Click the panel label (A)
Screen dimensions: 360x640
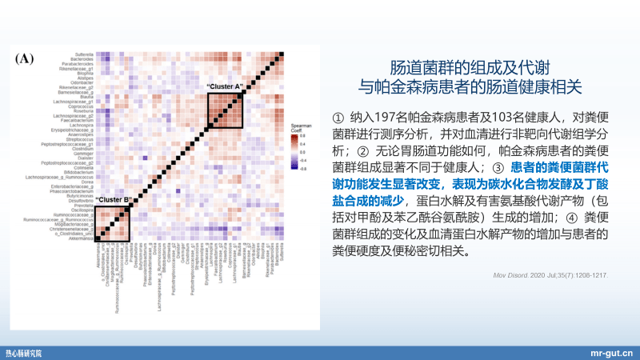point(24,58)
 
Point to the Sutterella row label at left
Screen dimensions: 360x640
point(84,54)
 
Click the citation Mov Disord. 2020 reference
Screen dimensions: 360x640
point(551,275)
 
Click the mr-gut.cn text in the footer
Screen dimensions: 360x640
point(611,351)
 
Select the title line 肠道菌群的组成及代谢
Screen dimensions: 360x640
point(470,66)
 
